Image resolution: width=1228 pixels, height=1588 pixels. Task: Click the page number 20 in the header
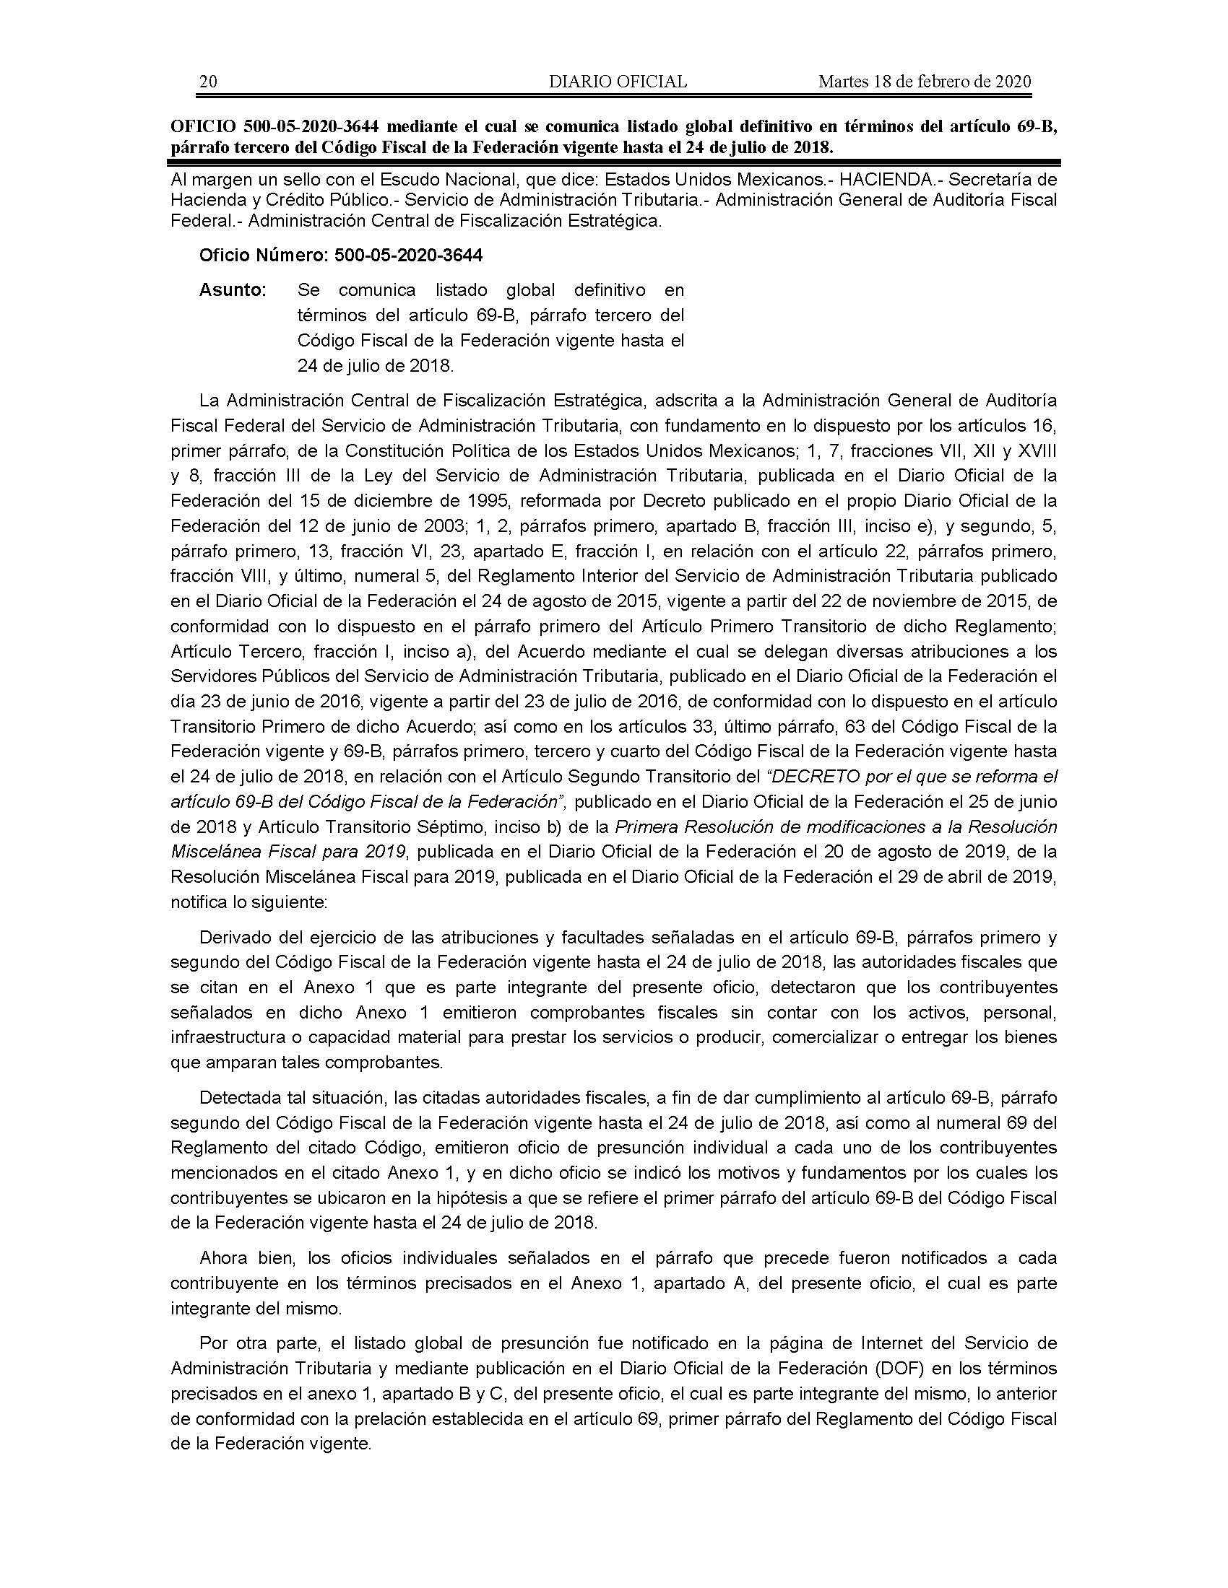pyautogui.click(x=208, y=82)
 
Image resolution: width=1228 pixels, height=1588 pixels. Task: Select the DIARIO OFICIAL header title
pyautogui.click(x=618, y=82)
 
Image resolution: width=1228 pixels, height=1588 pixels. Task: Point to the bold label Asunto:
pyautogui.click(x=233, y=290)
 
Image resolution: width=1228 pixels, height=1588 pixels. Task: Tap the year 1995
pyautogui.click(x=498, y=501)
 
